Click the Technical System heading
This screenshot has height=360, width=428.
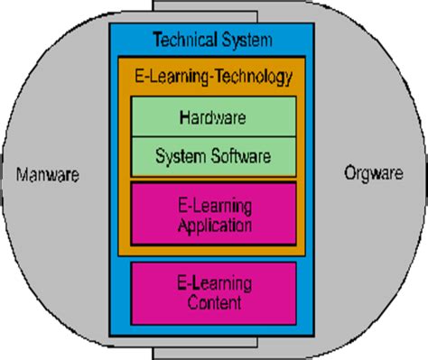(212, 40)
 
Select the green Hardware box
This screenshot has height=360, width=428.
(212, 116)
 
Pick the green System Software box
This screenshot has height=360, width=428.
(212, 157)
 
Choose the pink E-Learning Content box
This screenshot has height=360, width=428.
(213, 293)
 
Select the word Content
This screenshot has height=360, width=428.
(214, 304)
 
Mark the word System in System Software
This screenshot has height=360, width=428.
(180, 157)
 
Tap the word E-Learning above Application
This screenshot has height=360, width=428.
(214, 206)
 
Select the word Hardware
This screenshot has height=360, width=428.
(212, 116)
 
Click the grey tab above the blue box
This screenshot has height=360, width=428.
(212, 11)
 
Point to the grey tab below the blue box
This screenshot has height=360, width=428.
(212, 350)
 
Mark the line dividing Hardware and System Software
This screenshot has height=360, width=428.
(212, 137)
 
